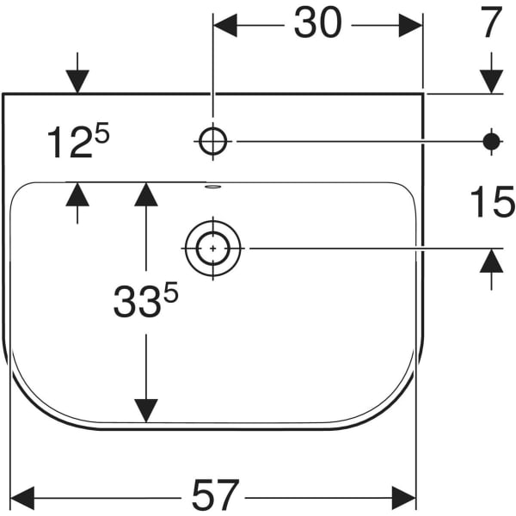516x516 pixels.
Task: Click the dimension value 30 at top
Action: tap(317, 24)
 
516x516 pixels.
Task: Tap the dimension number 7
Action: tap(490, 24)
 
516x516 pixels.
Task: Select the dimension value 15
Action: tap(492, 204)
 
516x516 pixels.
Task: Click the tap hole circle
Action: tap(212, 139)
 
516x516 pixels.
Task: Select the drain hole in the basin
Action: tap(212, 249)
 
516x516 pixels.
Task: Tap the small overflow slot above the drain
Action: tap(212, 186)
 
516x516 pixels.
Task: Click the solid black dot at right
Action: tap(491, 140)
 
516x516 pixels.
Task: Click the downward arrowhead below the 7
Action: tap(491, 81)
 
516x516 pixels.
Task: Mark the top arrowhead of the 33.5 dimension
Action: tap(146, 194)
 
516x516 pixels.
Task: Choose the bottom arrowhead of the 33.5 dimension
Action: tap(146, 410)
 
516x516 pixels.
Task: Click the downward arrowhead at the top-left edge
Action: tap(77, 81)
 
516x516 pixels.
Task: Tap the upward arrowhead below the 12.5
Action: tap(77, 193)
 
